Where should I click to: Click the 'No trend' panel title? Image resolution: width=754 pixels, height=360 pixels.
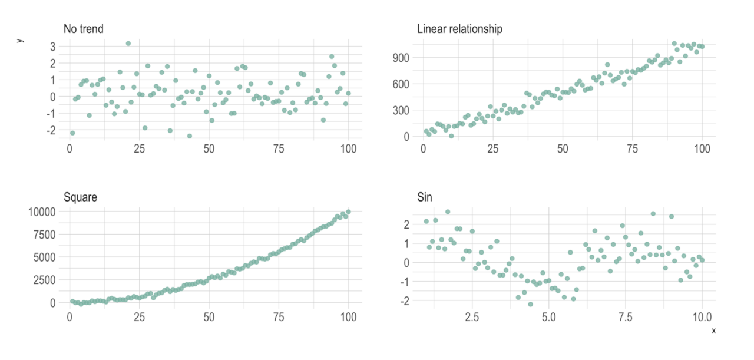[x=84, y=28]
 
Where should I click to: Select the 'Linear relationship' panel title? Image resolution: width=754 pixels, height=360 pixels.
[x=459, y=28]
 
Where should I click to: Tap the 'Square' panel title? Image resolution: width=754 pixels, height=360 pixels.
[x=80, y=197]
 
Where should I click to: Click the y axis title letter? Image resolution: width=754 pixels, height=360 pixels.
[x=21, y=40]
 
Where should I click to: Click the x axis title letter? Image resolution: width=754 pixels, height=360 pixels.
[x=713, y=331]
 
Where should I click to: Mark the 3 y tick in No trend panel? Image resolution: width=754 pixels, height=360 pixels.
[x=53, y=46]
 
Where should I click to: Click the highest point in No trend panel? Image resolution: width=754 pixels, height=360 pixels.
[x=128, y=44]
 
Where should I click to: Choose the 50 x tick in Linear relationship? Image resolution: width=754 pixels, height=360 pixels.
[x=562, y=148]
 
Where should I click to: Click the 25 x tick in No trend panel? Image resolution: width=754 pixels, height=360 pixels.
[x=139, y=148]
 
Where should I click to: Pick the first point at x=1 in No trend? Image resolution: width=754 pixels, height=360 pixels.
[x=72, y=133]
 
